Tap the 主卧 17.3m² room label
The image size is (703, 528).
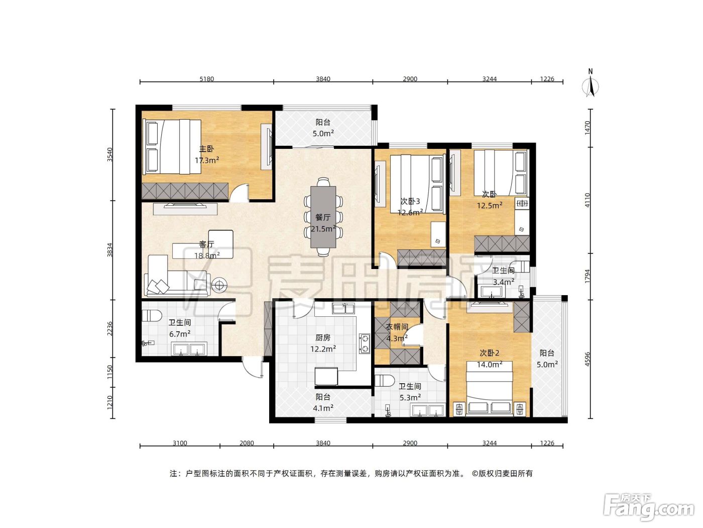pos(207,154)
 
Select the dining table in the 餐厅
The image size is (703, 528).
pos(323,217)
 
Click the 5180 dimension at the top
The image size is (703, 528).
pos(206,79)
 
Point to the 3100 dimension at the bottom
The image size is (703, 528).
pos(180,443)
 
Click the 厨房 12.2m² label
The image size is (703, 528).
pos(323,343)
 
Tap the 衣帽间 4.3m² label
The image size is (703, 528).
pos(397,332)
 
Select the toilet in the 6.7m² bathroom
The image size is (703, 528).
pos(151,316)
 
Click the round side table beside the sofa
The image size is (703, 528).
pos(219,285)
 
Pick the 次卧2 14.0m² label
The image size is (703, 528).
pos(490,359)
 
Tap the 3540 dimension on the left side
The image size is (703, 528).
pos(110,154)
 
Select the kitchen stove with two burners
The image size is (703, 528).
pos(365,343)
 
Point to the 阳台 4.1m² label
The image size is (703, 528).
pos(323,402)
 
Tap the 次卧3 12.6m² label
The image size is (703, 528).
pos(410,207)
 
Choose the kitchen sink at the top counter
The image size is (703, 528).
pos(343,308)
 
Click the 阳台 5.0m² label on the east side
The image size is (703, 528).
pos(547,359)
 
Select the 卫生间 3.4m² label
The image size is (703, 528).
pos(504,277)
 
